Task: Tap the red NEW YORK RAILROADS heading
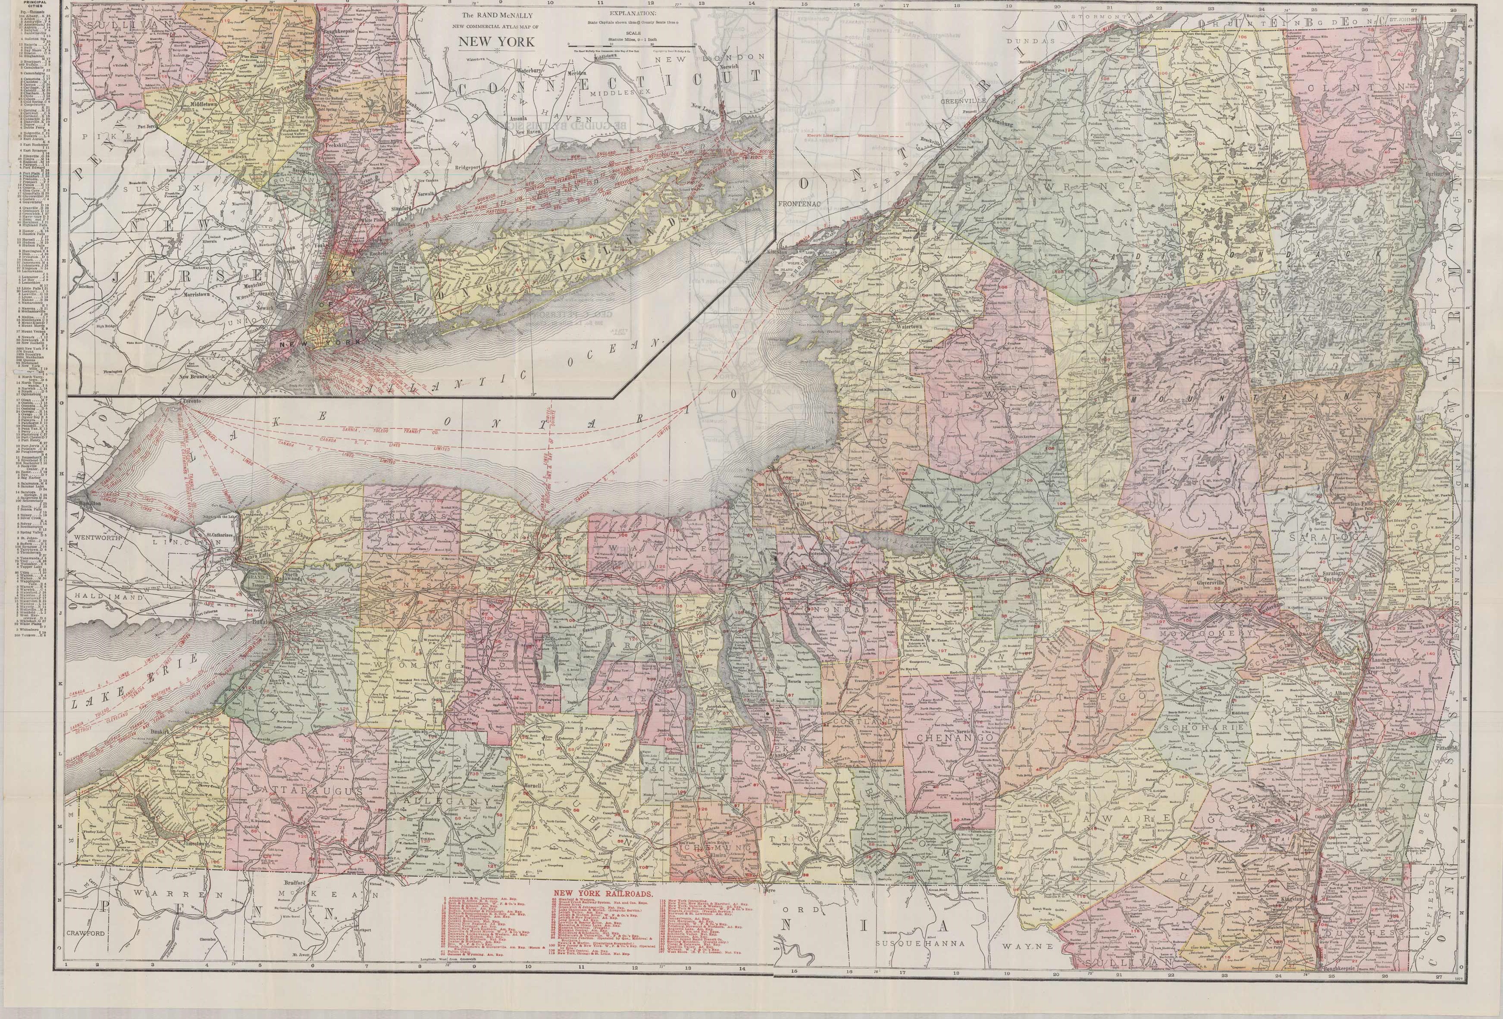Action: [604, 893]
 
